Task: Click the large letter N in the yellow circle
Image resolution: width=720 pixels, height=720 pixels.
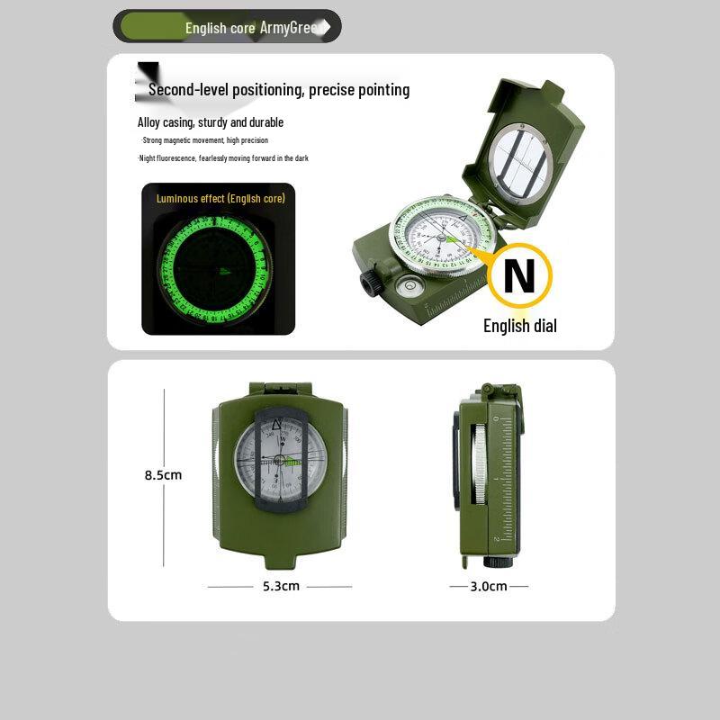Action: click(x=518, y=277)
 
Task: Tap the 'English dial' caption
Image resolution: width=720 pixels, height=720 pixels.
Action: click(x=519, y=326)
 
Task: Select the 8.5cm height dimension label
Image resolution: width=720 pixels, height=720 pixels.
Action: click(x=164, y=474)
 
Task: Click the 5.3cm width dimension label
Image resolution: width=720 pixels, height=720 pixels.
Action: click(x=280, y=586)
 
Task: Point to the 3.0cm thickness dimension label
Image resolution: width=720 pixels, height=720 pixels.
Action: click(x=489, y=586)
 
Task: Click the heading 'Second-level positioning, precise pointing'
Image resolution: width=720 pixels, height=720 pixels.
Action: click(x=279, y=89)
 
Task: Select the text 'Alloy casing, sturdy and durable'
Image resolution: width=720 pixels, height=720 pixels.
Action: click(x=210, y=122)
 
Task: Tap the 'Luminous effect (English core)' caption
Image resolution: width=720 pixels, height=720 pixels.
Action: click(x=220, y=198)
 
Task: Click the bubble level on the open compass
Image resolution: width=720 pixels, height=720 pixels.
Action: click(x=404, y=286)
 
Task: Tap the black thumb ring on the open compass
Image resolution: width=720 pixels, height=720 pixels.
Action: click(x=370, y=284)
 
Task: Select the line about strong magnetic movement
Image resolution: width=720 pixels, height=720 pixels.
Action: click(x=204, y=140)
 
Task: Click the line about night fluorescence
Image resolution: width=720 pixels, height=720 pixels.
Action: click(x=223, y=158)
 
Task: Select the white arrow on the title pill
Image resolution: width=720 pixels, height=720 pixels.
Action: click(x=327, y=27)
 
